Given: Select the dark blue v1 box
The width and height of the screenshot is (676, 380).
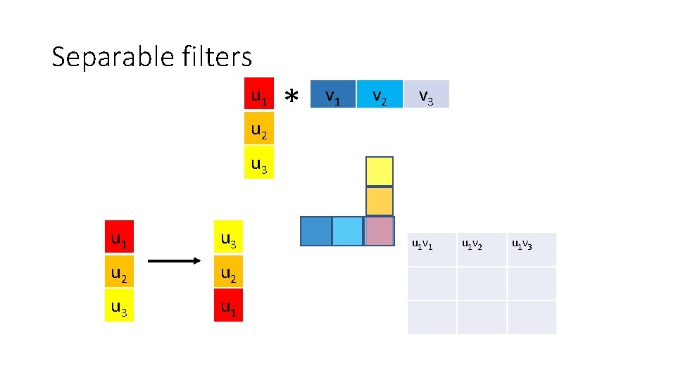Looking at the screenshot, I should [x=333, y=94].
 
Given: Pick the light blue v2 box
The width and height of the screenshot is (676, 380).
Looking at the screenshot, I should [x=380, y=94].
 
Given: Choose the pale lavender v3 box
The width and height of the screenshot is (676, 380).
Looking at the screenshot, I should [x=426, y=94].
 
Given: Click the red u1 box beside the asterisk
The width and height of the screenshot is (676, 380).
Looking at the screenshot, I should [x=259, y=94].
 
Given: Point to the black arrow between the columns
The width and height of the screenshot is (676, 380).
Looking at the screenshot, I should [x=175, y=262].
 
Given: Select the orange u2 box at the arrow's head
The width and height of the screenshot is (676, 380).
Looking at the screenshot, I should [x=228, y=272].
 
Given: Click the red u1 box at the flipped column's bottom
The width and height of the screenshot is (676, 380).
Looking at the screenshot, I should [x=228, y=305].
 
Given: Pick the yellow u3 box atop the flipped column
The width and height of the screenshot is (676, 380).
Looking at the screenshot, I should [x=228, y=240].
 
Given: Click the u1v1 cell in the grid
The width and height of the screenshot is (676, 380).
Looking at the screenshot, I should [x=432, y=249].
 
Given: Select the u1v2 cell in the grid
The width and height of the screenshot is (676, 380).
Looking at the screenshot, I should [x=482, y=249].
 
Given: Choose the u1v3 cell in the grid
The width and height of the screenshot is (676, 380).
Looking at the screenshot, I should [x=532, y=249].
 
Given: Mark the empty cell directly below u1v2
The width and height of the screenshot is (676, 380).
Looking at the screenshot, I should [x=482, y=283].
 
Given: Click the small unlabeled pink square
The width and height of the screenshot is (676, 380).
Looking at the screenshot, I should [x=380, y=231].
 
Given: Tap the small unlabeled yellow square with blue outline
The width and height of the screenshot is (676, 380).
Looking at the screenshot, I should [x=380, y=171].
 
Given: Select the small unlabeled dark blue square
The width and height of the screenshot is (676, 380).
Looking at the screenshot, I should [x=315, y=231].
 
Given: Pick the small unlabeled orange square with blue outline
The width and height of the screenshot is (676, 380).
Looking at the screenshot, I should [x=380, y=201].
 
